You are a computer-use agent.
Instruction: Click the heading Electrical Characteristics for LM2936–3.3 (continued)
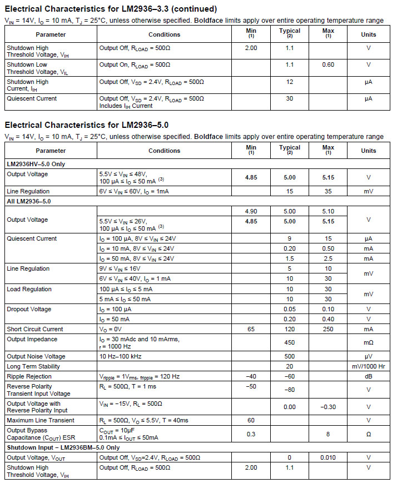[111, 9]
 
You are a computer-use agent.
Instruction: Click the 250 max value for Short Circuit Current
[328, 329]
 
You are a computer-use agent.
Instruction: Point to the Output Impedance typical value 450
[289, 342]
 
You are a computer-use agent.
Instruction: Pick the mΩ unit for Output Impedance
[368, 342]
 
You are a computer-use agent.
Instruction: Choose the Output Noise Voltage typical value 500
[289, 356]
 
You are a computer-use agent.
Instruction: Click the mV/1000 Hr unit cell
[368, 366]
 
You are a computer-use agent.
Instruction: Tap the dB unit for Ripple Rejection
[368, 376]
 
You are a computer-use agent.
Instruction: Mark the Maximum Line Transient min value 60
[251, 420]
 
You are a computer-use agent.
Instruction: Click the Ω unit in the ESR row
[368, 434]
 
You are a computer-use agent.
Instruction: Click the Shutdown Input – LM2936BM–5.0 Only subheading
[63, 447]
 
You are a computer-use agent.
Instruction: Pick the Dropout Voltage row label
[29, 309]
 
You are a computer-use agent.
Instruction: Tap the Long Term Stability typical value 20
[289, 366]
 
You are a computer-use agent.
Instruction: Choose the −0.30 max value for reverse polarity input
[328, 407]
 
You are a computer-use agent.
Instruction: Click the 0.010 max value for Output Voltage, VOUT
[328, 457]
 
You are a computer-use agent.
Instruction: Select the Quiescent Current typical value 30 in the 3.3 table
[289, 98]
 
